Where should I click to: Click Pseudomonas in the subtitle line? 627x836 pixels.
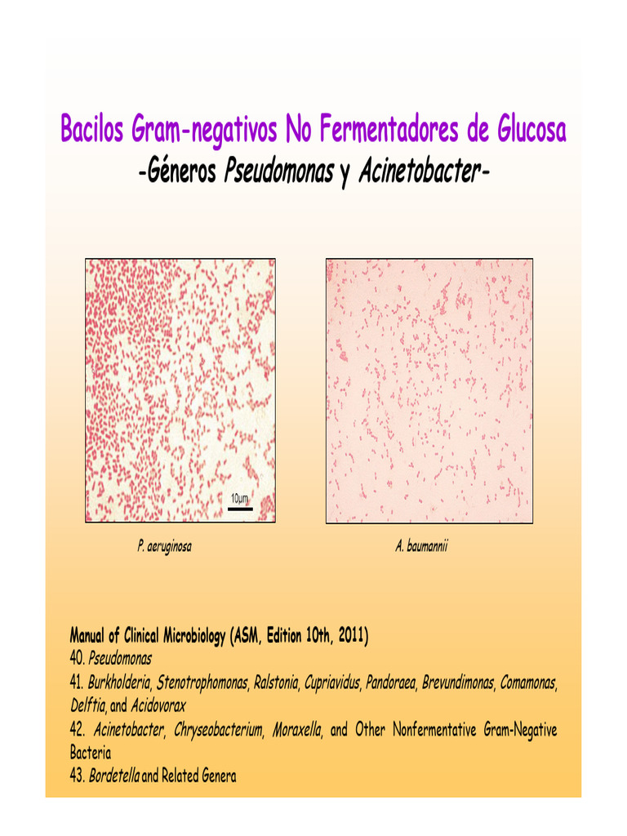click(x=278, y=173)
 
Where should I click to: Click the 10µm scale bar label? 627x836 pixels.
click(x=239, y=498)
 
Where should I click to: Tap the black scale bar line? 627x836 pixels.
click(x=239, y=509)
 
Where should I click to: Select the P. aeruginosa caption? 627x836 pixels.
click(x=165, y=546)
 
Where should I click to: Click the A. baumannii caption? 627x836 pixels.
click(x=421, y=546)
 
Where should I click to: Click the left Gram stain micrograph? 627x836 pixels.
click(x=180, y=390)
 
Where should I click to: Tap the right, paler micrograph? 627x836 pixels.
click(x=429, y=390)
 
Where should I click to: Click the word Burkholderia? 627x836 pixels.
click(x=120, y=681)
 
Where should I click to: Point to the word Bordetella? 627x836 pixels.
click(x=114, y=776)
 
